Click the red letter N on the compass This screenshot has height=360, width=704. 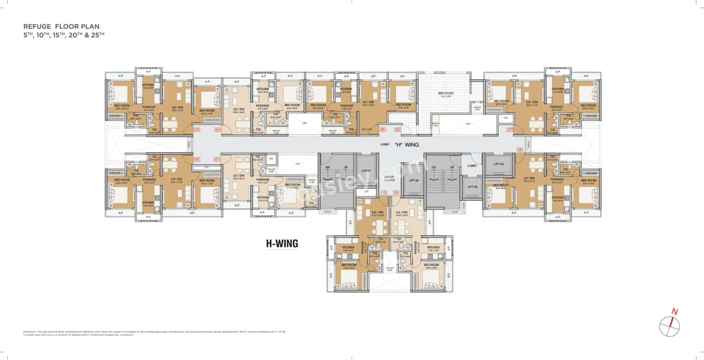click(675, 312)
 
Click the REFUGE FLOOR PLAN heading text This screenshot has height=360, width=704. click(61, 26)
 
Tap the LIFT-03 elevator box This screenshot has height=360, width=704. click(472, 187)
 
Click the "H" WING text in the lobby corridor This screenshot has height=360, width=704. click(408, 145)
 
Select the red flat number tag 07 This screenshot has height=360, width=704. click(510, 130)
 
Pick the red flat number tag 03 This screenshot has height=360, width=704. click(197, 130)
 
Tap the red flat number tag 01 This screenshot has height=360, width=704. click(217, 159)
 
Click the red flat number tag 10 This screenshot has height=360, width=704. click(383, 193)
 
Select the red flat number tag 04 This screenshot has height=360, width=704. click(217, 130)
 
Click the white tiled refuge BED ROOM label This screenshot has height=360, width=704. click(446, 93)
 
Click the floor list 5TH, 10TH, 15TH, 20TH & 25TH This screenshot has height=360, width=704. click(63, 35)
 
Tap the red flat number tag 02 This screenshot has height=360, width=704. click(197, 159)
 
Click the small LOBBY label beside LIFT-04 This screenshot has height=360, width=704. click(471, 165)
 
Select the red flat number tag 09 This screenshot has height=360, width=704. click(395, 193)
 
